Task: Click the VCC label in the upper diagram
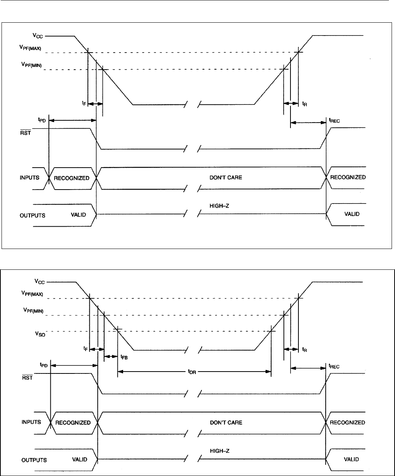pyautogui.click(x=37, y=36)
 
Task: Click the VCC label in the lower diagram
pyautogui.click(x=39, y=282)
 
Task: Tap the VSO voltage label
pyautogui.click(x=40, y=334)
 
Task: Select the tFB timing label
pyautogui.click(x=124, y=357)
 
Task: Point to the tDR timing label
pyautogui.click(x=192, y=372)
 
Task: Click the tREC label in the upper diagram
pyautogui.click(x=334, y=120)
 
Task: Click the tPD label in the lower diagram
pyautogui.click(x=44, y=365)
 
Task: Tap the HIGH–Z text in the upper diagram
pyautogui.click(x=219, y=206)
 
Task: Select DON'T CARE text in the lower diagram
pyautogui.click(x=226, y=422)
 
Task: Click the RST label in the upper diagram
pyautogui.click(x=25, y=132)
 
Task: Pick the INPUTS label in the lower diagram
pyautogui.click(x=31, y=422)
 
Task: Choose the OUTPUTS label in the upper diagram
pyautogui.click(x=33, y=215)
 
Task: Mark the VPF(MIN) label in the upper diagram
pyautogui.click(x=31, y=65)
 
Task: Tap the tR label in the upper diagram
pyautogui.click(x=304, y=104)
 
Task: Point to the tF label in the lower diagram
pyautogui.click(x=86, y=348)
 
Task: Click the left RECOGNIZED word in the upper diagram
pyautogui.click(x=72, y=178)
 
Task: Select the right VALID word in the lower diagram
pyautogui.click(x=351, y=459)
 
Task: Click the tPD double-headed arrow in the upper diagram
pyautogui.click(x=73, y=120)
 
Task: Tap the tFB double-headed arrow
pyautogui.click(x=111, y=356)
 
